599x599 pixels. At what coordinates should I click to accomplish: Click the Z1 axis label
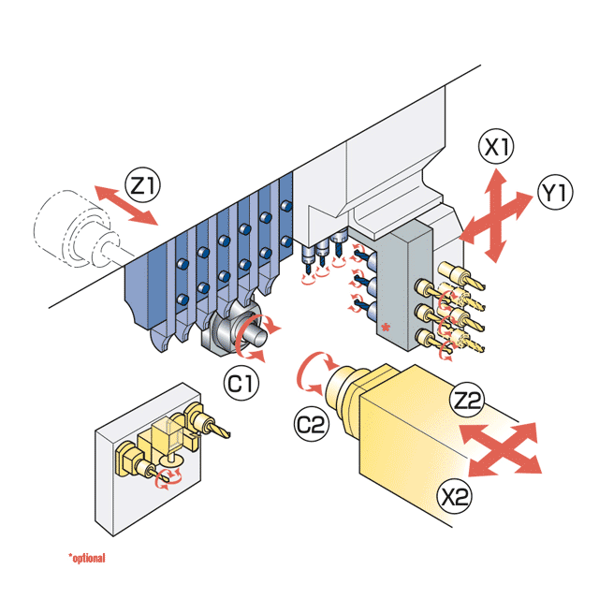pos(142,185)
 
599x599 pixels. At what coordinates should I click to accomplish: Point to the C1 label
pos(239,381)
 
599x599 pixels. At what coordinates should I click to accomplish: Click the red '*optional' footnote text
pos(86,559)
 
